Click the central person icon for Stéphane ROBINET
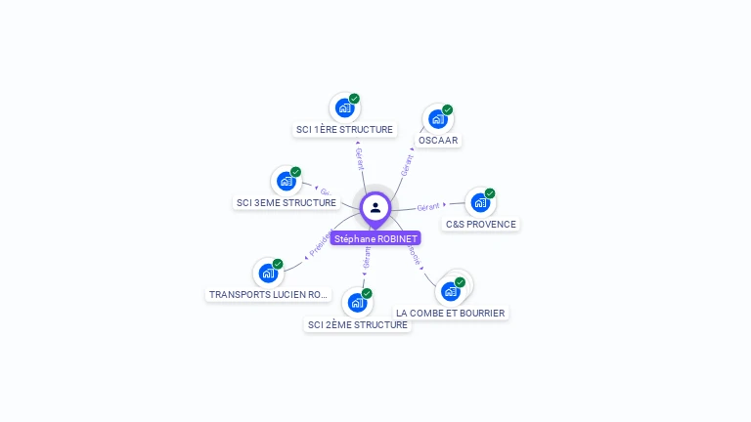point(375,208)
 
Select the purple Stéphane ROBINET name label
point(375,238)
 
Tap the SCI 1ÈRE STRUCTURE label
point(344,129)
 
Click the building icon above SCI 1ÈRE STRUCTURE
point(344,107)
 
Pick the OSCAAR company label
point(438,140)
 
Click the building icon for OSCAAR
point(437,118)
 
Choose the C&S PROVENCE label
point(480,224)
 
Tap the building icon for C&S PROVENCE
point(479,202)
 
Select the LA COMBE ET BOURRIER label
point(451,313)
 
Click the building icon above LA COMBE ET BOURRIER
point(450,291)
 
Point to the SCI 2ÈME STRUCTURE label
point(357,324)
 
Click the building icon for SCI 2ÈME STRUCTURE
point(357,303)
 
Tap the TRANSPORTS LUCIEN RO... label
point(268,294)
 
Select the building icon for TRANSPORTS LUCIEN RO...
point(268,274)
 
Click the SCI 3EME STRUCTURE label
point(287,202)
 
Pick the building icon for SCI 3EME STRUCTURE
point(287,181)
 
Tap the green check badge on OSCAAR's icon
point(448,109)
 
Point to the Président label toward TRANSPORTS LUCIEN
point(320,244)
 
